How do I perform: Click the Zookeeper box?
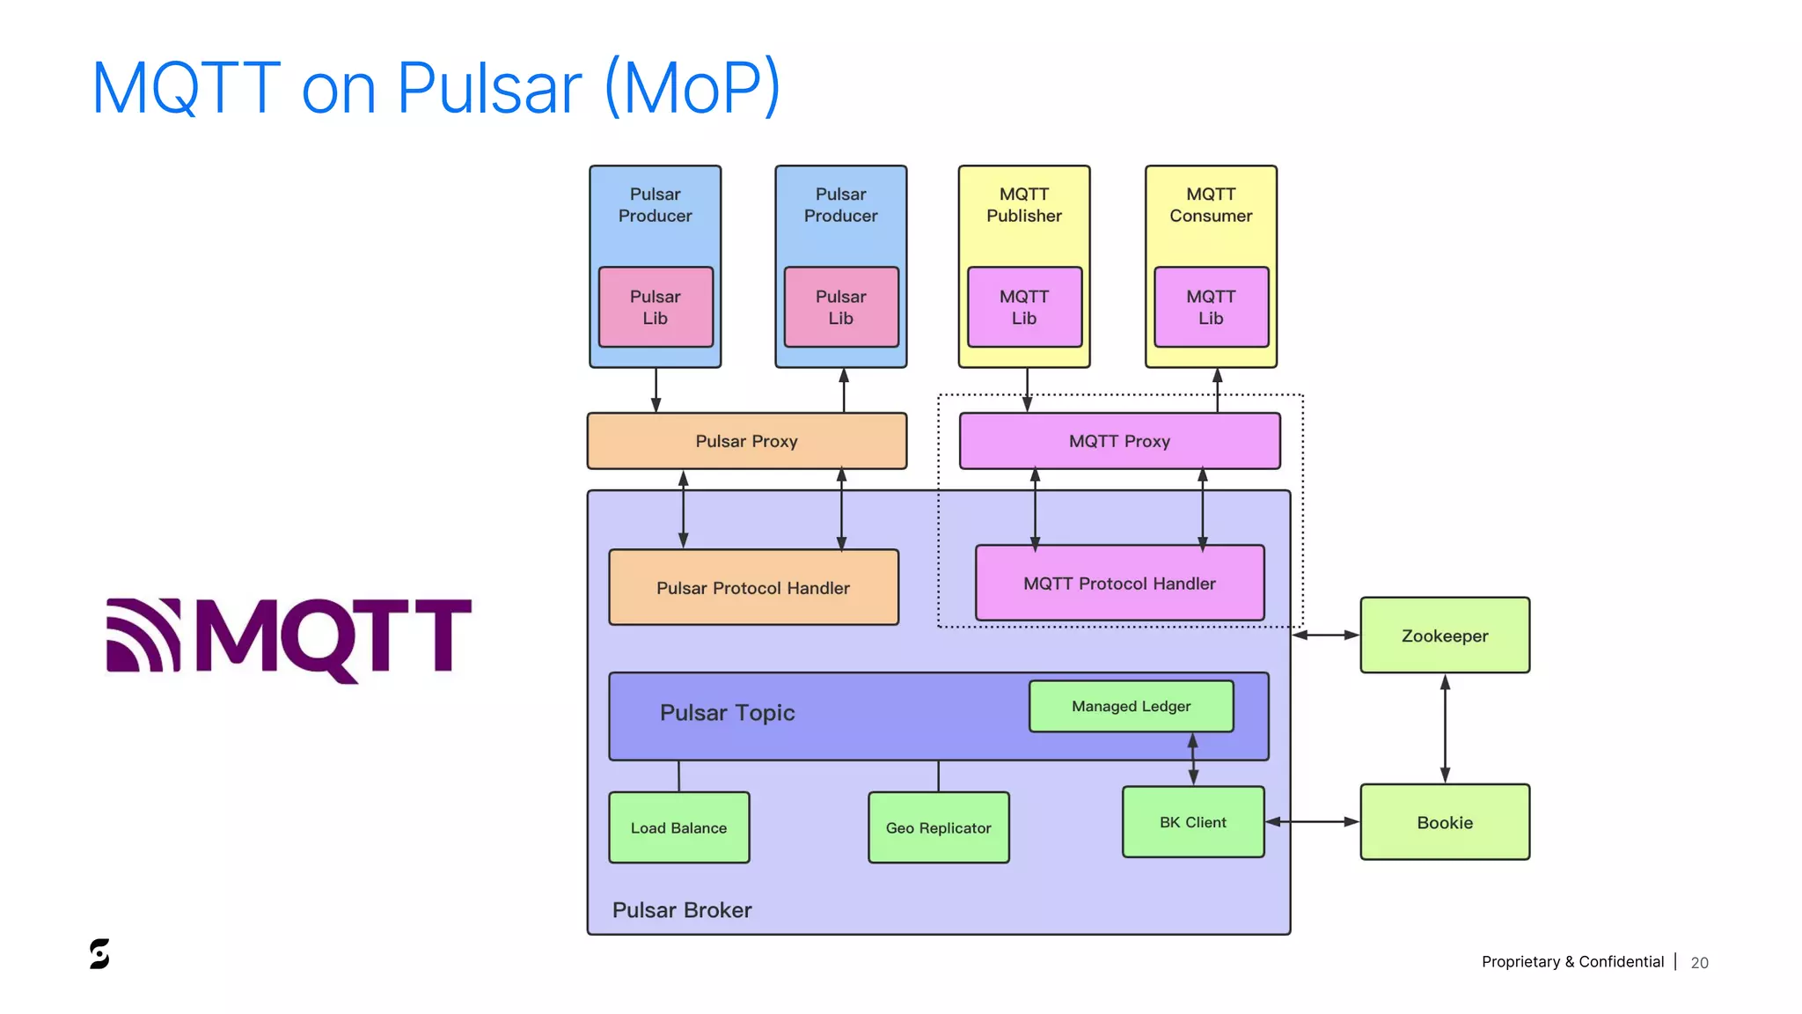click(1444, 636)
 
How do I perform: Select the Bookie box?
click(1444, 822)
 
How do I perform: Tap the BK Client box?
click(1192, 822)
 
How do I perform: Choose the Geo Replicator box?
click(938, 827)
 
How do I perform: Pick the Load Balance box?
click(678, 827)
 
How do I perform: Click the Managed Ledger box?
click(1131, 706)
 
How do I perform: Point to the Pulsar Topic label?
click(727, 713)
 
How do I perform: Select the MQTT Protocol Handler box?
click(1119, 584)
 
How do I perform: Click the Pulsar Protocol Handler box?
click(753, 588)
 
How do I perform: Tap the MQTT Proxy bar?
click(1119, 441)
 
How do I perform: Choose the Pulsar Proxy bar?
click(746, 441)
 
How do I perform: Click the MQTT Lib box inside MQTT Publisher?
click(1024, 307)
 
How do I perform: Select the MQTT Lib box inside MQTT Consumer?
click(1211, 307)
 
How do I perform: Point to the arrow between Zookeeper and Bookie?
click(1444, 729)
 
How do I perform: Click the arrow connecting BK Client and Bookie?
click(1312, 822)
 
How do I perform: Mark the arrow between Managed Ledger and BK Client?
click(1193, 759)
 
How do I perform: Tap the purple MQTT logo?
click(289, 637)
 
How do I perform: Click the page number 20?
click(1699, 963)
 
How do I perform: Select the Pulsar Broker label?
click(682, 910)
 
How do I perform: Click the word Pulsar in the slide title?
click(489, 88)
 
